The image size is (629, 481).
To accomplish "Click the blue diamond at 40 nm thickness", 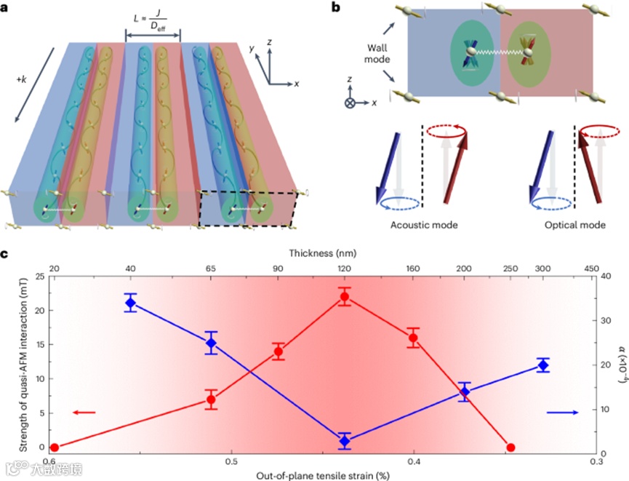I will (131, 301).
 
